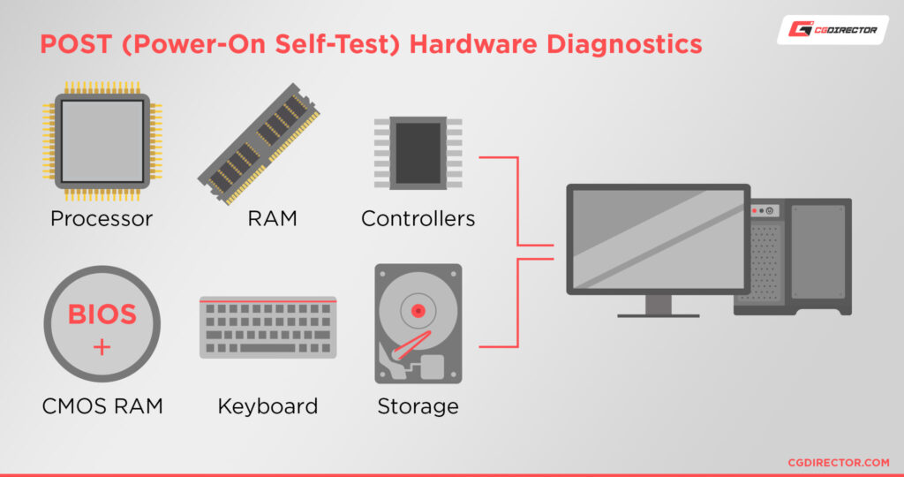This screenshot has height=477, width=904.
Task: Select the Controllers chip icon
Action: (x=418, y=152)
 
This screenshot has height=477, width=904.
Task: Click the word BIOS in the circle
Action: (x=102, y=314)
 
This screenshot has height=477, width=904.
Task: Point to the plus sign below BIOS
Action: (x=102, y=347)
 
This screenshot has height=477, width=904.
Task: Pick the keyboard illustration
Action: (x=267, y=327)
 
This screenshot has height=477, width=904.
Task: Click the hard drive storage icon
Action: (x=418, y=323)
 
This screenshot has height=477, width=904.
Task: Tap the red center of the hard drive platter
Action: (x=418, y=310)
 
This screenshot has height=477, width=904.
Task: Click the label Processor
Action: (x=102, y=218)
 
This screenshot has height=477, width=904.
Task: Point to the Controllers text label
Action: (x=418, y=218)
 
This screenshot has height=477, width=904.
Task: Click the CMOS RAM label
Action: (x=102, y=406)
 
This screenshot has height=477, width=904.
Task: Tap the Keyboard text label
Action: (x=267, y=406)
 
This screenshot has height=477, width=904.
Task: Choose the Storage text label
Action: (x=418, y=406)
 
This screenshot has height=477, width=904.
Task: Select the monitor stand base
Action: (x=658, y=314)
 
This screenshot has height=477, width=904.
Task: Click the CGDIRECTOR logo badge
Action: (x=832, y=30)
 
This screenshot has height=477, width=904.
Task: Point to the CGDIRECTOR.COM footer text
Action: (x=838, y=462)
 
